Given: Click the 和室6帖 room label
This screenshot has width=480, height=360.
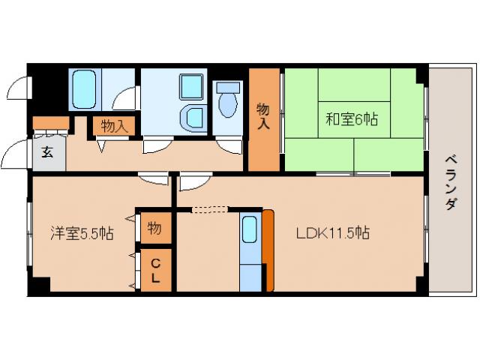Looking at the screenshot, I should (350, 118).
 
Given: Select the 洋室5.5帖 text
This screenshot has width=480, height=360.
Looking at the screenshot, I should (82, 234).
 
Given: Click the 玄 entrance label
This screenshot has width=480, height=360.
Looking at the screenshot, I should (46, 153).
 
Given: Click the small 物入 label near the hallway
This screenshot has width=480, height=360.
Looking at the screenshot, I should (114, 126).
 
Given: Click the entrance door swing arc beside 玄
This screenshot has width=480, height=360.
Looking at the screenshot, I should (15, 158).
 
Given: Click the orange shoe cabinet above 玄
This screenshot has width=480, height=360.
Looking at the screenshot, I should (50, 123).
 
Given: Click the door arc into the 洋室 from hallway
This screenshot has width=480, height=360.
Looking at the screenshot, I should (154, 178).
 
